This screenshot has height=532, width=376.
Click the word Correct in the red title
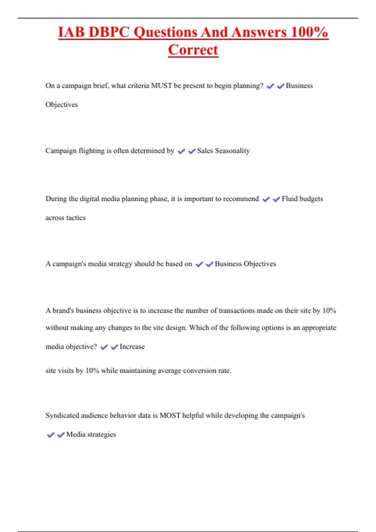[x=193, y=50]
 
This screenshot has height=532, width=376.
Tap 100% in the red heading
[x=309, y=32]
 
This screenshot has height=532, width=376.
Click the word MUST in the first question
[x=161, y=86]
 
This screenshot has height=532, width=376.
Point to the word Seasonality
[x=232, y=151]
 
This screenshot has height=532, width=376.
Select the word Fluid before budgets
[x=290, y=199]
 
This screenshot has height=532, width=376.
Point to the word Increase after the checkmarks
[x=132, y=347]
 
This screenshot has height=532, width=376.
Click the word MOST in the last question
[x=170, y=416]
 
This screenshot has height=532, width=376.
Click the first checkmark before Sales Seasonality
[x=181, y=151]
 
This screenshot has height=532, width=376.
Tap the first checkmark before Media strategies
[x=50, y=435]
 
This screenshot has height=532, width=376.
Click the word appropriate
[x=319, y=328]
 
